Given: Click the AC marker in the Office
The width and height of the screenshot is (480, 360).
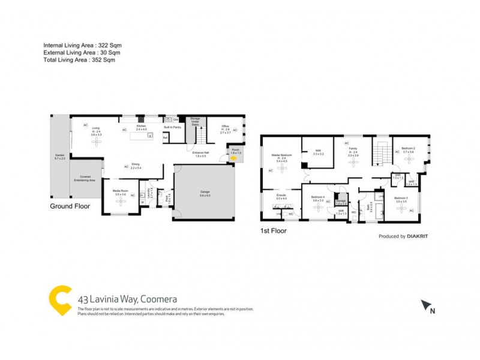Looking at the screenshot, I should [x=235, y=130].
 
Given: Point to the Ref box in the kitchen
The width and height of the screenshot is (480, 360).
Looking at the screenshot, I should [x=166, y=137].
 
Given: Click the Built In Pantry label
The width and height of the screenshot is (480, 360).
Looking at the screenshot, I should [x=173, y=127].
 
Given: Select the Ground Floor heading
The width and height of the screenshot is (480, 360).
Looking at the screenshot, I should [x=70, y=206].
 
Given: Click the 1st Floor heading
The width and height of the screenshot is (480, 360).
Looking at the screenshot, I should [x=273, y=230].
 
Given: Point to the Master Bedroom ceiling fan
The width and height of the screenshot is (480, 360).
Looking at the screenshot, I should [x=281, y=174].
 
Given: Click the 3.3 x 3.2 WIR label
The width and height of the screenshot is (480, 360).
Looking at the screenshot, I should [x=318, y=153].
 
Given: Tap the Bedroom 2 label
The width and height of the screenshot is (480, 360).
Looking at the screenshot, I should [x=409, y=149].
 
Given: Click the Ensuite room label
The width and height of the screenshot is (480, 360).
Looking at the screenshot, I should [x=281, y=196].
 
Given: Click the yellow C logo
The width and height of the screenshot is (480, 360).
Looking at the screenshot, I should [x=60, y=299].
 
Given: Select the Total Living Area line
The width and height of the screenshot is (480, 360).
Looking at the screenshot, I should [x=79, y=59].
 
